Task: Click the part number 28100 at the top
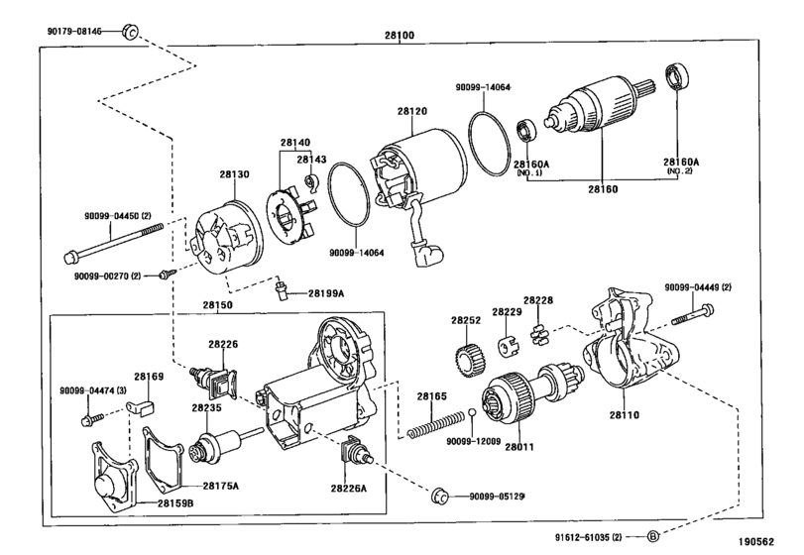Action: pyautogui.click(x=400, y=36)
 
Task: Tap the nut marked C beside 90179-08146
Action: pyautogui.click(x=130, y=32)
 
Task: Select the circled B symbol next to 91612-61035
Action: pyautogui.click(x=652, y=536)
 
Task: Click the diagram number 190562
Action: pyautogui.click(x=756, y=542)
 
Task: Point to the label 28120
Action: pyautogui.click(x=411, y=111)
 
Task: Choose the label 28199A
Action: pyautogui.click(x=325, y=293)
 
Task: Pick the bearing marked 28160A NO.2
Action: pyautogui.click(x=677, y=76)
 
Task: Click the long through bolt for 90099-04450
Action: pyautogui.click(x=113, y=242)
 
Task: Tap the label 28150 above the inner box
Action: pyautogui.click(x=217, y=305)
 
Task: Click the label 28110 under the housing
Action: pyautogui.click(x=624, y=414)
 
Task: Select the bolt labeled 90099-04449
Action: pyautogui.click(x=692, y=313)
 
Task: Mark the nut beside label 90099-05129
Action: pyautogui.click(x=440, y=497)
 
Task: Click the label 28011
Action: pyautogui.click(x=518, y=447)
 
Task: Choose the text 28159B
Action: pyautogui.click(x=175, y=503)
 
